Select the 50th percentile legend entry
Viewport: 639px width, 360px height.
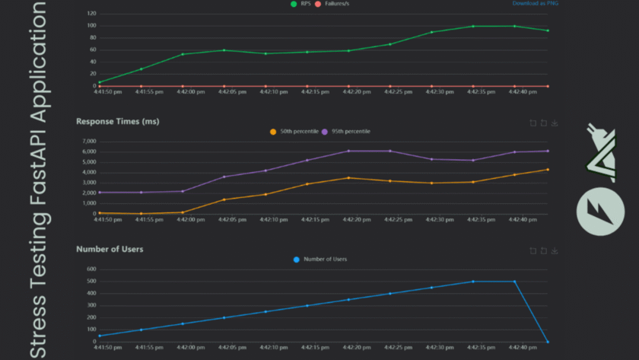292,132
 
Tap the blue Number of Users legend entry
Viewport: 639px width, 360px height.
320,260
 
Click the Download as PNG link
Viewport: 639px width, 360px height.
536,4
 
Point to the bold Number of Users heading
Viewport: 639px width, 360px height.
110,249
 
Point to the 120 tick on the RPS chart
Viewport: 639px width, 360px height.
91,14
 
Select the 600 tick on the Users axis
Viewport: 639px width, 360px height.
91,269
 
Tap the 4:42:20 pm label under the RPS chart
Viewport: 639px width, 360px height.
348,92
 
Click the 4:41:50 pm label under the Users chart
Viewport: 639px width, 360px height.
107,347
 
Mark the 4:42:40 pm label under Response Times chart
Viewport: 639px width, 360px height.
514,219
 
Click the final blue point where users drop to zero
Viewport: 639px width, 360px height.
548,342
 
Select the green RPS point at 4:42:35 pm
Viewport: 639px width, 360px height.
473,27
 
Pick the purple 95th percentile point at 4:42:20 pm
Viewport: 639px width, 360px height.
348,151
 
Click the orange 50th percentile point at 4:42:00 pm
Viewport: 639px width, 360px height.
183,212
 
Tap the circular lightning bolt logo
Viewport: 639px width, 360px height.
600,211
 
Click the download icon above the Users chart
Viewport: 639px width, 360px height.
555,250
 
